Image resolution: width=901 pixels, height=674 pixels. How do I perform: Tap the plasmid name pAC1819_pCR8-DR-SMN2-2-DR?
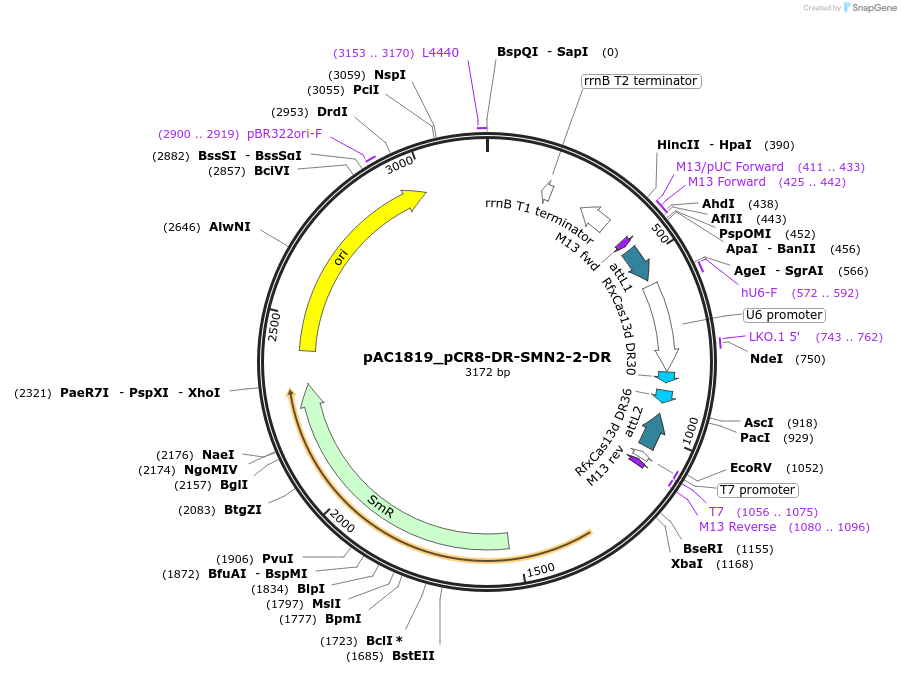coord(487,357)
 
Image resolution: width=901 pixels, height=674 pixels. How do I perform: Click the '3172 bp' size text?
coord(487,373)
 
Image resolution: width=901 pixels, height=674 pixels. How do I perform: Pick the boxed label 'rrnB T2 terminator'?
coord(640,81)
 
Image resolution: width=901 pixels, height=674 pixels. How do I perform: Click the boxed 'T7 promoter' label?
coord(757,490)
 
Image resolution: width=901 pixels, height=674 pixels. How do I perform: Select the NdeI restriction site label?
coord(766,359)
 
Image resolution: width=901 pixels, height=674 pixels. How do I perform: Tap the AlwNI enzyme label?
coord(230,227)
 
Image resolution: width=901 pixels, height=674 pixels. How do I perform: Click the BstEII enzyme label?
coord(413,656)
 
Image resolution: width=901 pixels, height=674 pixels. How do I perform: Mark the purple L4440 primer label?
coord(440,52)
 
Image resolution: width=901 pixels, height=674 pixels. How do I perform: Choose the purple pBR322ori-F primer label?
coord(284,134)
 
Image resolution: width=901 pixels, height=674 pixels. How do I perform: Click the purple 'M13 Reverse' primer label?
coord(737,527)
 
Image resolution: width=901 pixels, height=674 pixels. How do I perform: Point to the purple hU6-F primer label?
coord(759,293)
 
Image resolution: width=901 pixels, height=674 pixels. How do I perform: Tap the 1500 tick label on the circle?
coord(540,569)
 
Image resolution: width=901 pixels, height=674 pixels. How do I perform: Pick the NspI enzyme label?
coord(390,74)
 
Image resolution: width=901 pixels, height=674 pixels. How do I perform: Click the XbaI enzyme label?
coord(687,564)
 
